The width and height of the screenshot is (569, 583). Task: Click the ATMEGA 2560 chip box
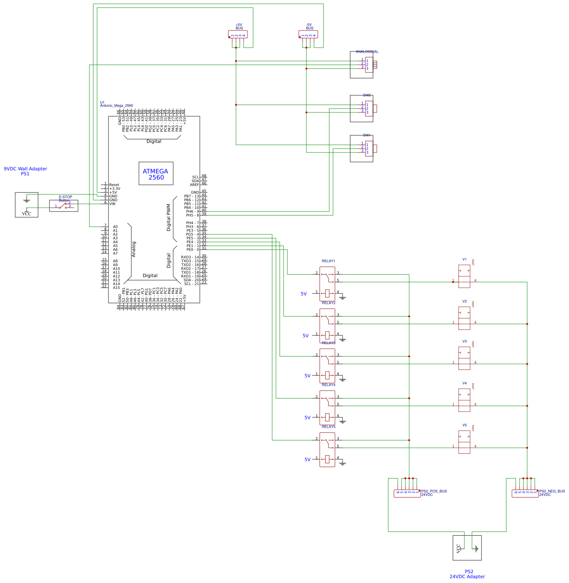(x=156, y=174)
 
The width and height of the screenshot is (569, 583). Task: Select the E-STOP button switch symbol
(x=64, y=206)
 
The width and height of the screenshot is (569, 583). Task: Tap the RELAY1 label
(x=328, y=261)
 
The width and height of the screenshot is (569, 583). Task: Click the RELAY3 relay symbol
(x=327, y=366)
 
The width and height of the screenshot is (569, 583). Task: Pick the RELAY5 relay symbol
(x=327, y=450)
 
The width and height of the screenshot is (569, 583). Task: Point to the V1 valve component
(x=464, y=276)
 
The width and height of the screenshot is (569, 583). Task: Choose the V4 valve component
(x=464, y=400)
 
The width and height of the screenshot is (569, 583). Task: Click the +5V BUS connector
(x=238, y=35)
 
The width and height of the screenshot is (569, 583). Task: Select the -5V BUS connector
(x=308, y=35)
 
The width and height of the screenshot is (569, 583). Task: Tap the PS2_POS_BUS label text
(x=434, y=491)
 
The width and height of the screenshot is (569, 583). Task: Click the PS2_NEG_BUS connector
(x=525, y=493)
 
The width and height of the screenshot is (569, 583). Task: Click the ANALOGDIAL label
(x=367, y=51)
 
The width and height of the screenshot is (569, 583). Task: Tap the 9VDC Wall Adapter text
(x=26, y=169)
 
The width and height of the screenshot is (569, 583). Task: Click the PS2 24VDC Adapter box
(x=467, y=548)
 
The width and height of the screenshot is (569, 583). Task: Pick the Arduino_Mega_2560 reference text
(x=116, y=106)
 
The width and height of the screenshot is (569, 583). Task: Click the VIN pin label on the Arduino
(x=112, y=204)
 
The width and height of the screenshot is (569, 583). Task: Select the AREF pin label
(x=194, y=185)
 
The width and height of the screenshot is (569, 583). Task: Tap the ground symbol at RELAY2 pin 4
(x=342, y=339)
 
